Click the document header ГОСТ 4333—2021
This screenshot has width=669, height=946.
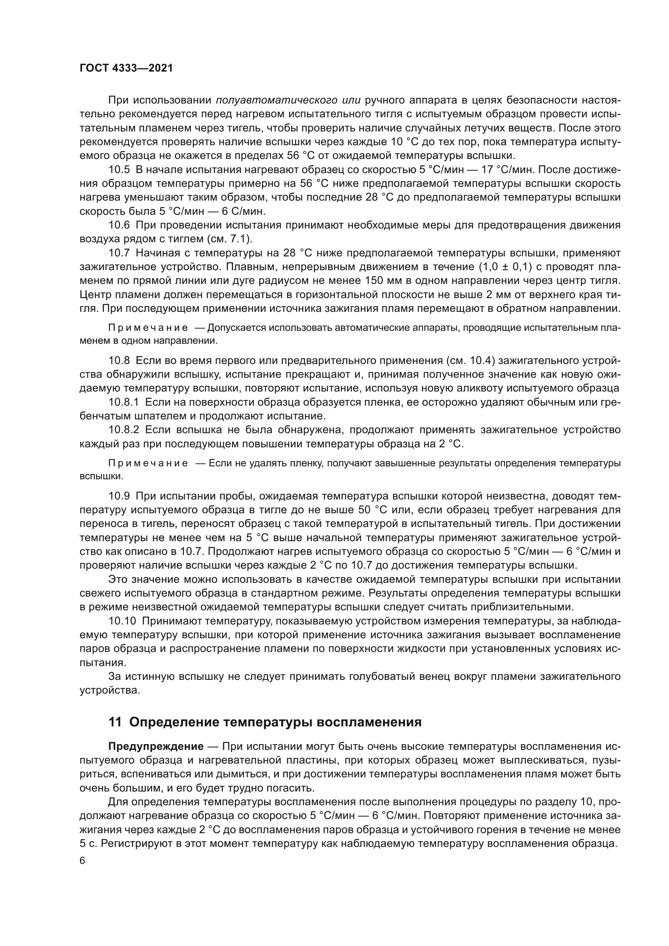(x=126, y=68)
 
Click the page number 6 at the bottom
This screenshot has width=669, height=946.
(x=83, y=861)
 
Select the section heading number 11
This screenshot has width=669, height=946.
(x=115, y=722)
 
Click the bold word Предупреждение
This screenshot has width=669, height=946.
(x=156, y=747)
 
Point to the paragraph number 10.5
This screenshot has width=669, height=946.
(x=119, y=169)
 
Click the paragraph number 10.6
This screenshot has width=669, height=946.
(x=119, y=225)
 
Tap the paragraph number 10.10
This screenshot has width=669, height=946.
(x=122, y=621)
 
